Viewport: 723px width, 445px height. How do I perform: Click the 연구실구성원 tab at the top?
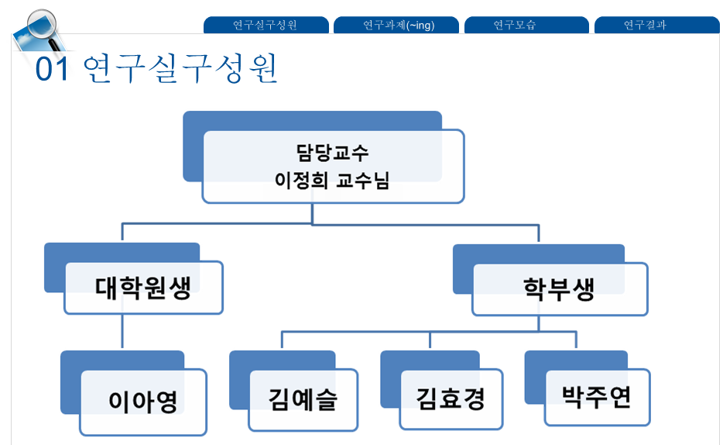click(x=265, y=25)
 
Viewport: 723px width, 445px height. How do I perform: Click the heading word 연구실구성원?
click(x=179, y=69)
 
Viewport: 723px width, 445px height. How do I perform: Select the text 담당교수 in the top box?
click(x=333, y=153)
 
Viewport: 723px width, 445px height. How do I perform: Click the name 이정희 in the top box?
click(x=297, y=181)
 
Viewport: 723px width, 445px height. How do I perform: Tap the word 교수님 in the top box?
click(x=363, y=181)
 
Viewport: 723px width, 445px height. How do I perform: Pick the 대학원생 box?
click(x=143, y=288)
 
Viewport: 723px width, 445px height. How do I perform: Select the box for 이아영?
click(x=143, y=402)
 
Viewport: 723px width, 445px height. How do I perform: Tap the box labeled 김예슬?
click(x=303, y=400)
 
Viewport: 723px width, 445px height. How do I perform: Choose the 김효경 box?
click(x=451, y=400)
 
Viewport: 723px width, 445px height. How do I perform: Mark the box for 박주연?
click(x=597, y=397)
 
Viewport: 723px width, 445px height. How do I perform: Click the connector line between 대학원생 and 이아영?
click(x=122, y=332)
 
